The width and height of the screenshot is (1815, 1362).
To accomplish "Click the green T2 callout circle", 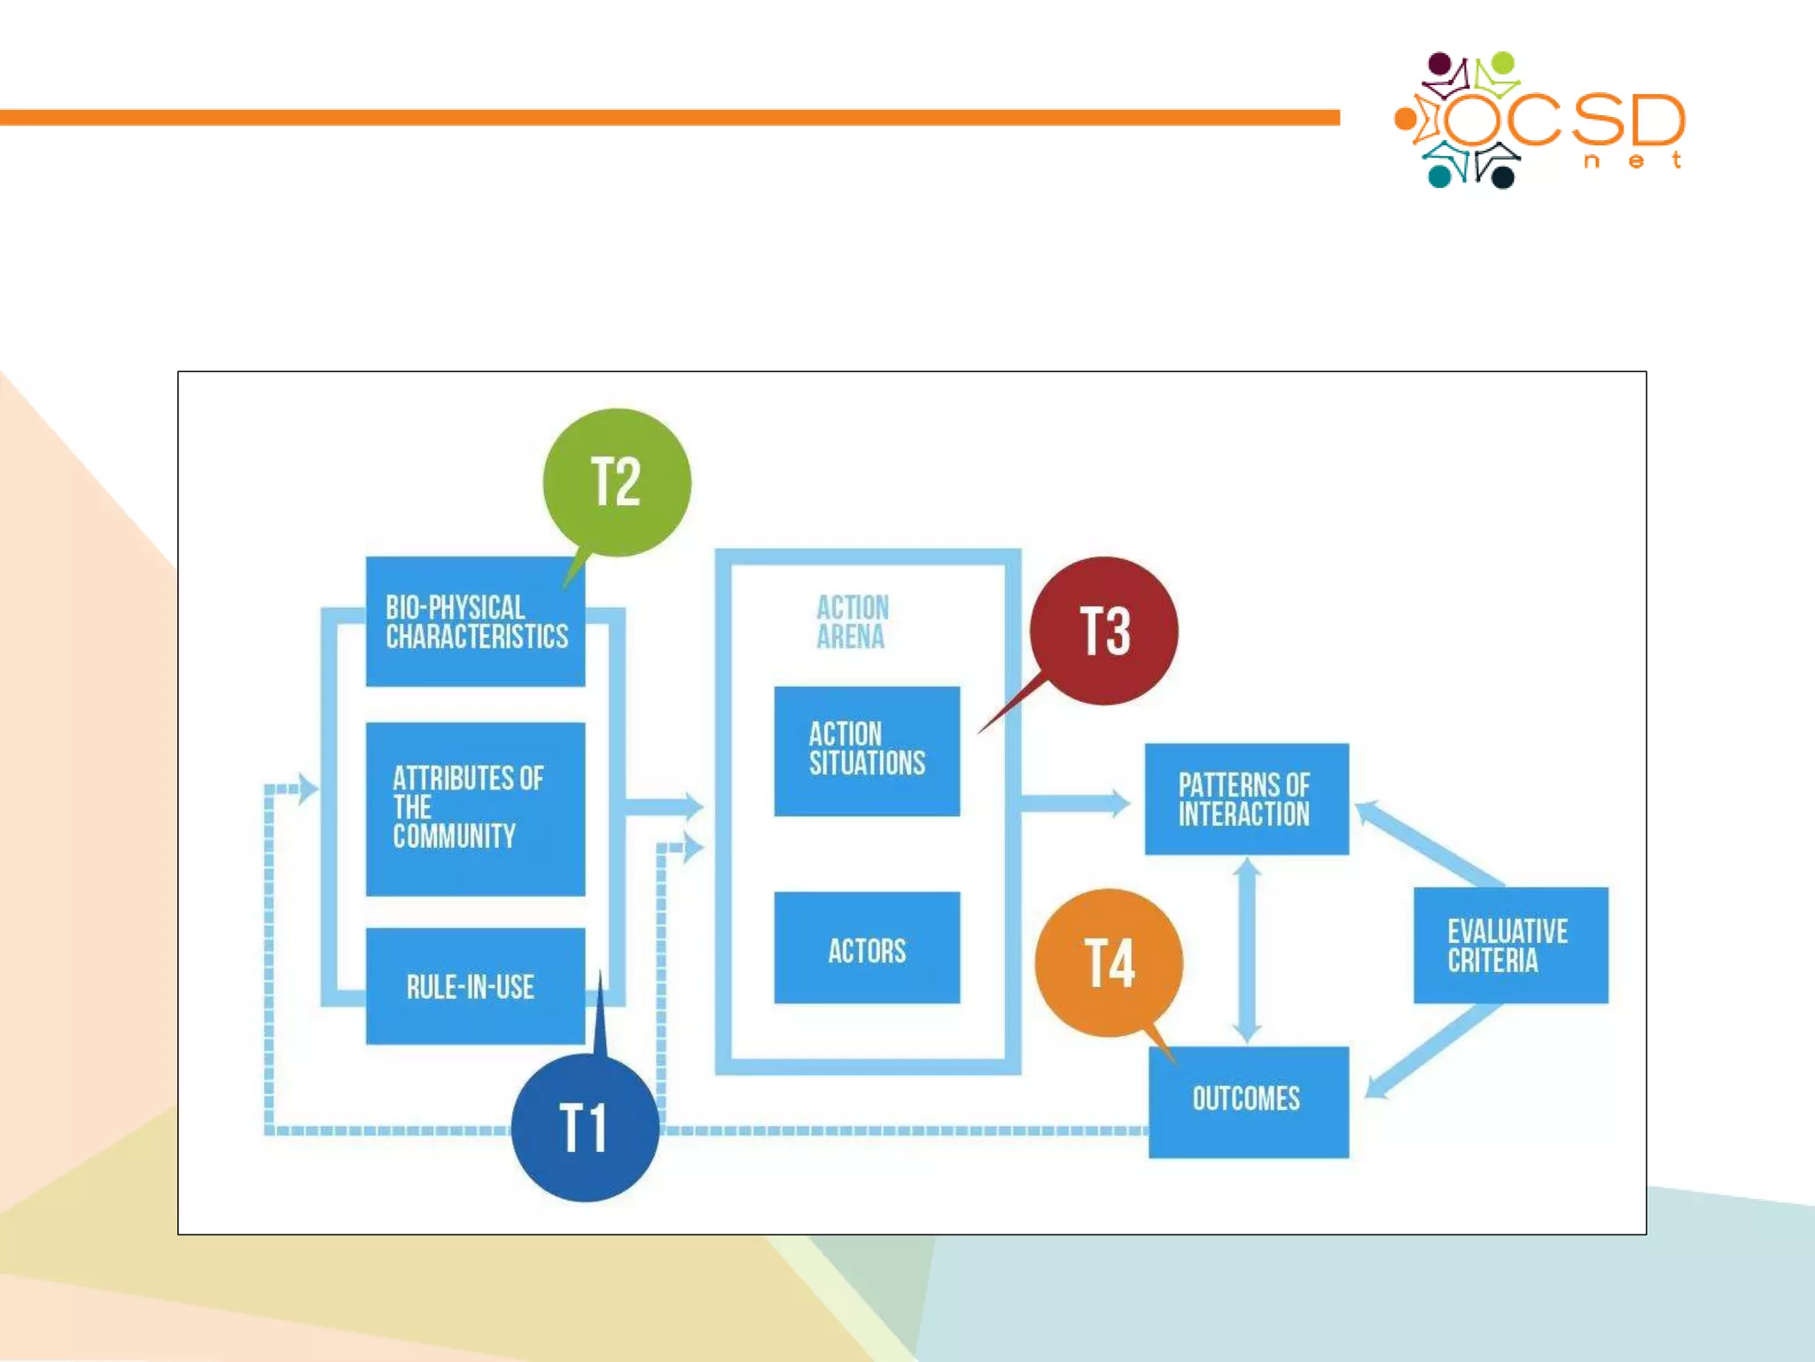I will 617,482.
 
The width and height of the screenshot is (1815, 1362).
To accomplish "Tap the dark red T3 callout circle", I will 1104,631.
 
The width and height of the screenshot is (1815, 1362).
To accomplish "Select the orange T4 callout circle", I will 1109,962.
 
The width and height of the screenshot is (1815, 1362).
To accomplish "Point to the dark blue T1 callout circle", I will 585,1127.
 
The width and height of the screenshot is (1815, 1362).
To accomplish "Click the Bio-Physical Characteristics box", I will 475,622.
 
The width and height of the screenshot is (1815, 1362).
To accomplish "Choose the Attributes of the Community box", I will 475,808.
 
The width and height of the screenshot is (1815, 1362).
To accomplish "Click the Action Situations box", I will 867,751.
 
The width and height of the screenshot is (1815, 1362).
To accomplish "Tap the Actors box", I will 867,948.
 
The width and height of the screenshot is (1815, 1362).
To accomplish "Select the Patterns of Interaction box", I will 1246,799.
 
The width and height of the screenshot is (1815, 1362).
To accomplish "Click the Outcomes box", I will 1248,1101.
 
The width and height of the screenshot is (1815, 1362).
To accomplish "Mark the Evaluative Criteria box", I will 1510,945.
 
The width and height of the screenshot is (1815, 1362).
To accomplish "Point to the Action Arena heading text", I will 852,622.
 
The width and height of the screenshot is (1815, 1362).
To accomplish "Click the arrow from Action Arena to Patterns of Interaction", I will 1074,804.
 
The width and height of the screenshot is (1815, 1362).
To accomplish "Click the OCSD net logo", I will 1540,121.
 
